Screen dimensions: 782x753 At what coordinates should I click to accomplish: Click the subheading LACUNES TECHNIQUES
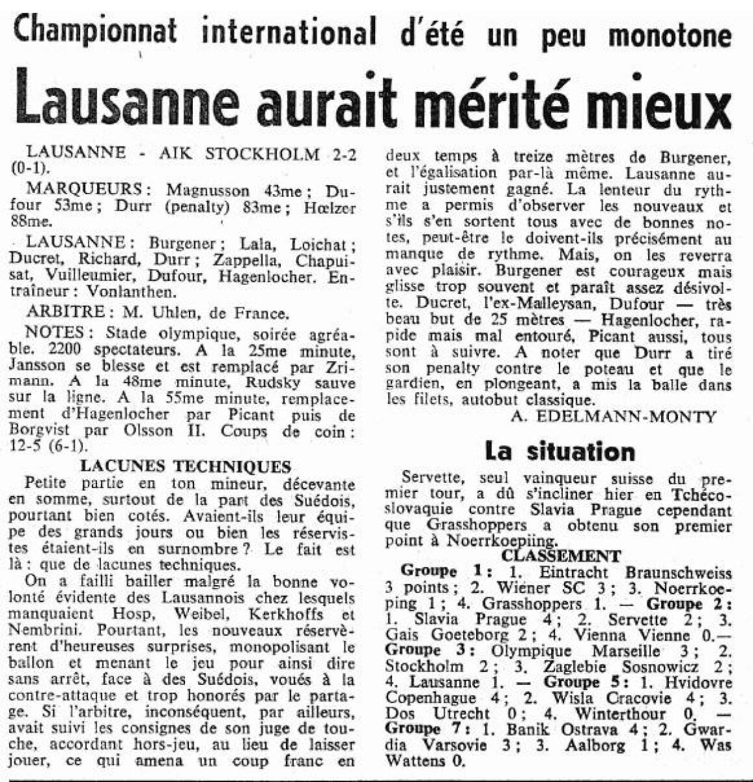[x=184, y=467]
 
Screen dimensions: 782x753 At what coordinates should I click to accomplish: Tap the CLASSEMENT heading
[x=561, y=556]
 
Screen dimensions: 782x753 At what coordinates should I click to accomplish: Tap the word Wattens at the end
[x=416, y=759]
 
